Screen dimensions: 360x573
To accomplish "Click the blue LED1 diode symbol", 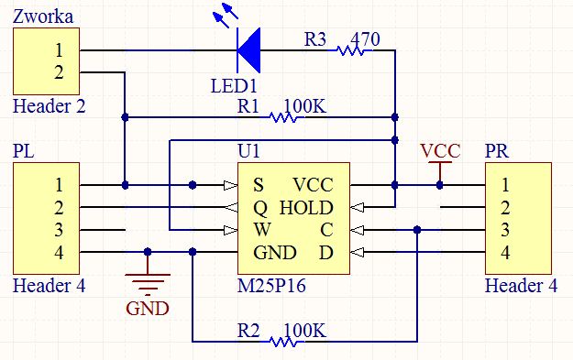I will coord(246,49).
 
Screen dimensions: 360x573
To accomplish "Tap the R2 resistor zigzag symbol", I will coord(283,342).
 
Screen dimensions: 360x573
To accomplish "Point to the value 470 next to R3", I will coord(365,38).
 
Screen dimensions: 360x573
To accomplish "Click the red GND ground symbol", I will coord(147,284).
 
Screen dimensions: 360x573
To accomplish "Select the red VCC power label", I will coord(440,151).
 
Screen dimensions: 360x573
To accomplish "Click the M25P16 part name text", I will coord(271,286).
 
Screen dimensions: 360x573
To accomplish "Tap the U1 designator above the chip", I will coord(248,150).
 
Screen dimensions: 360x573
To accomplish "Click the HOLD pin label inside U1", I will coord(306,207).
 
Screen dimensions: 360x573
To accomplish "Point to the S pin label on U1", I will coord(259,185).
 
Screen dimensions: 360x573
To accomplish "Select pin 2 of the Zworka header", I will coord(59,71).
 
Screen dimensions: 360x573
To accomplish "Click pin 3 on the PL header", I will coord(59,230).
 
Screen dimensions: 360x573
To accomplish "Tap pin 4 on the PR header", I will coord(505,252).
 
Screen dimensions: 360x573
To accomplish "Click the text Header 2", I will coord(50,105).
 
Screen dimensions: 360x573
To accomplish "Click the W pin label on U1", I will coord(260,230).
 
